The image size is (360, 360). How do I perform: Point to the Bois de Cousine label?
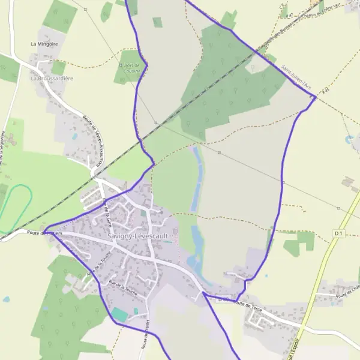[x=130, y=68]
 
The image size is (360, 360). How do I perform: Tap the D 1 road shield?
[x=339, y=233]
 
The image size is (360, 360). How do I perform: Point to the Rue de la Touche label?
[x=124, y=287]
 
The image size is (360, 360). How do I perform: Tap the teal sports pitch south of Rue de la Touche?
[x=120, y=314]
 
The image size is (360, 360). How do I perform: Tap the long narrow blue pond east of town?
[x=196, y=180]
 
